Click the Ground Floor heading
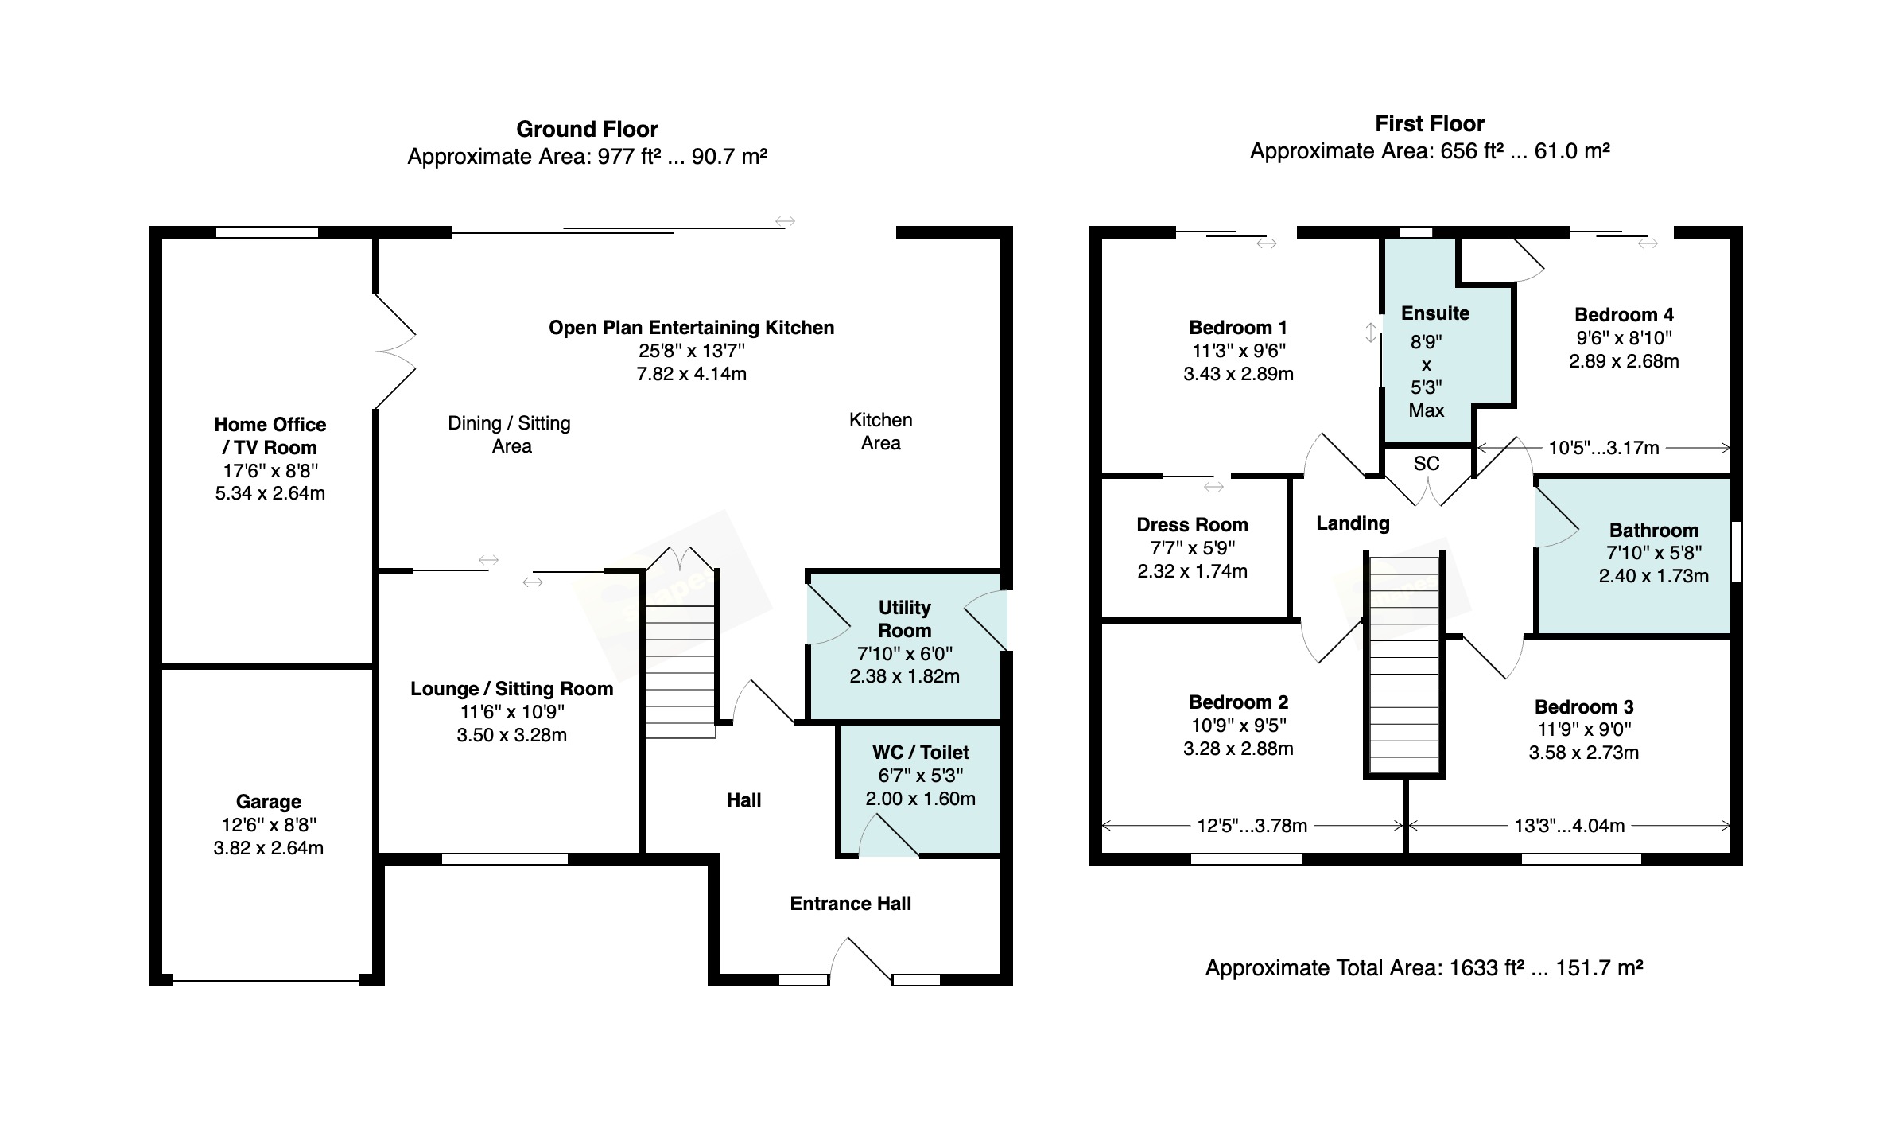click(587, 129)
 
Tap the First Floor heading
click(1430, 124)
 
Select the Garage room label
click(268, 802)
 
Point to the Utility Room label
click(904, 619)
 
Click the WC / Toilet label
click(920, 753)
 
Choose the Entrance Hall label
click(850, 904)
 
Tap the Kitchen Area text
click(880, 431)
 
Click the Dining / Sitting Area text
click(510, 434)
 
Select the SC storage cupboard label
click(1427, 464)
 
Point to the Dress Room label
click(1192, 525)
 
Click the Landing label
click(1353, 523)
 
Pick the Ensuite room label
click(1435, 313)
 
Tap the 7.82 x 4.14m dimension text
click(691, 374)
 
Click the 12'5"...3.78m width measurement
click(1252, 826)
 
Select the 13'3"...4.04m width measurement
click(1569, 826)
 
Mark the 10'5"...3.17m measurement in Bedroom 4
click(1603, 448)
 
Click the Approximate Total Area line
click(1423, 968)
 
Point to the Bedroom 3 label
click(1583, 707)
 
